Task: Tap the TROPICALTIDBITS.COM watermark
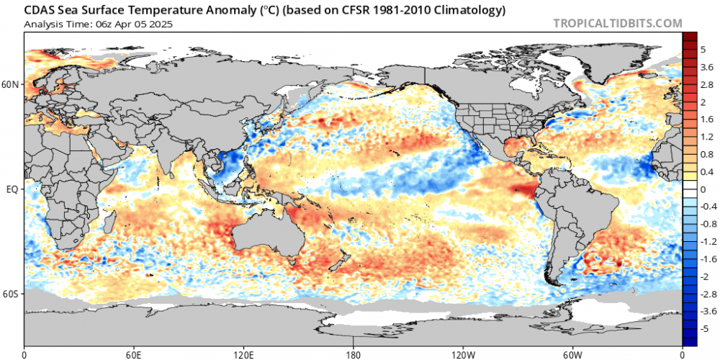[617, 23]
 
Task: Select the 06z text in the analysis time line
[95, 23]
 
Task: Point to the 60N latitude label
[11, 84]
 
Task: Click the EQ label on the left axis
[12, 189]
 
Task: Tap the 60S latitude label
[11, 294]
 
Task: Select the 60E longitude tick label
[134, 354]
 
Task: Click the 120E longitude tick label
[243, 354]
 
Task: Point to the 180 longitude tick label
[354, 354]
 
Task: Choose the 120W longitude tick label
[463, 354]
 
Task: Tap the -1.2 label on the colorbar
[708, 241]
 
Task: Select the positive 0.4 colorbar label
[708, 171]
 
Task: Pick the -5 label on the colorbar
[707, 328]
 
